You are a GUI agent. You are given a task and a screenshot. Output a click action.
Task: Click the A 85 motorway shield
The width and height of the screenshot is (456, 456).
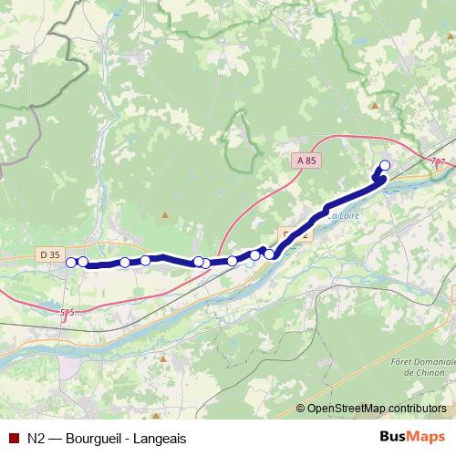[306, 161]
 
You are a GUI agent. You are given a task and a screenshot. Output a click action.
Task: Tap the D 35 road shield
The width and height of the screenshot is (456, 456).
[51, 254]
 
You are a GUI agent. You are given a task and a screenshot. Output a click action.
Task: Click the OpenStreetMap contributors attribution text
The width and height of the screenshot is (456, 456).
[378, 408]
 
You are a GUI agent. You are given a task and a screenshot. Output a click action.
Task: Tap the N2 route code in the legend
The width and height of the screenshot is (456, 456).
[37, 436]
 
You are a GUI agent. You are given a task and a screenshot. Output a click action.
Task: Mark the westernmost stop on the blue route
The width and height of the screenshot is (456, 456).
[71, 263]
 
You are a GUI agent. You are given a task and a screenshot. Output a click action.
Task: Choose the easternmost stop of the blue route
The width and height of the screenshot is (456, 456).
[384, 165]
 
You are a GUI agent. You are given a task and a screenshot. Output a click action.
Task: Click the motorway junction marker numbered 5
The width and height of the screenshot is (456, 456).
[67, 313]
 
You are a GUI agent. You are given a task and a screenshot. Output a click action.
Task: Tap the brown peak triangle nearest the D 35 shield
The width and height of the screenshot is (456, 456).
[164, 215]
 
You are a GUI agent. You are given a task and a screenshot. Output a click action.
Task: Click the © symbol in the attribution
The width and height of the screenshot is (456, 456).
[302, 408]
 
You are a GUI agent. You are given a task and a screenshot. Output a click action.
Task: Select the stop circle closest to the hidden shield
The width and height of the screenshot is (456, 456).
[270, 254]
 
